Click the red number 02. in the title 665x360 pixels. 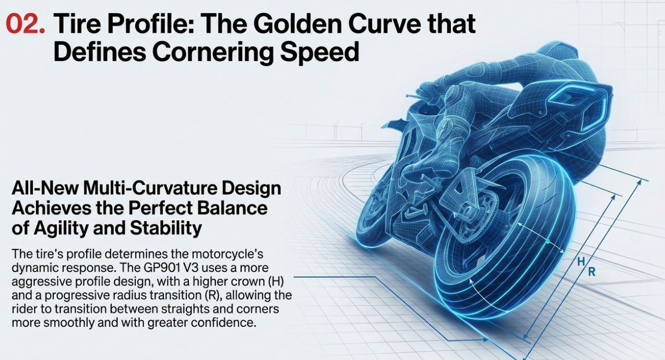coord(26,24)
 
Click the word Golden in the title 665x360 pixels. coord(297,24)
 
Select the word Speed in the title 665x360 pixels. coord(319,52)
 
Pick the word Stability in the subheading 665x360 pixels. coord(165,228)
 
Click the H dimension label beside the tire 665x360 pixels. coord(581,262)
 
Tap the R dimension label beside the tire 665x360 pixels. coord(592,272)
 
